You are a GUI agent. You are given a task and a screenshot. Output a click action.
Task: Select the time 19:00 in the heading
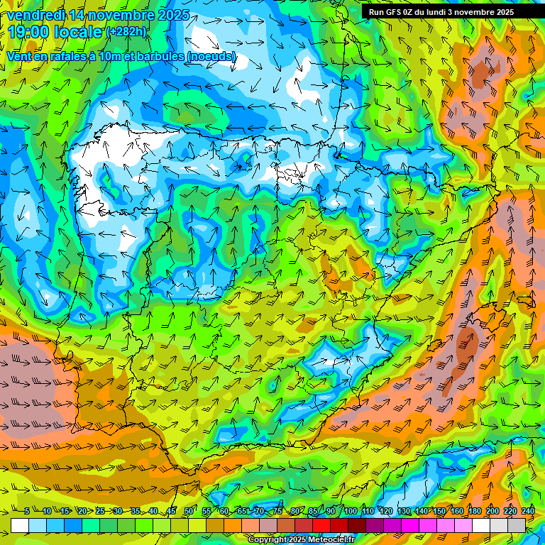[x=28, y=33]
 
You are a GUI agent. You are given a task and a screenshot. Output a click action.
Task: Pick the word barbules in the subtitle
[x=155, y=56]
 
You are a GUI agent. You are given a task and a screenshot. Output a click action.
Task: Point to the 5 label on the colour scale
[x=27, y=511]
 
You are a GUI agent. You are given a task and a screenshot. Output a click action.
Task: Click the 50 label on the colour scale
[x=189, y=511]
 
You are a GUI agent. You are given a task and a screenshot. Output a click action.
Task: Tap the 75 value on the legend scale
[x=277, y=511]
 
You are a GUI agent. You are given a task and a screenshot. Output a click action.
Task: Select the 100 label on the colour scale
[x=351, y=511]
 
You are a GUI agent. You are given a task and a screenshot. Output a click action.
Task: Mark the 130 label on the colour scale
[x=404, y=511]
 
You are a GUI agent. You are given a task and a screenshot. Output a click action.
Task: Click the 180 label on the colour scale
[x=475, y=511]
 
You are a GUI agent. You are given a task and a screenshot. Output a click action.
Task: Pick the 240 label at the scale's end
[x=528, y=511]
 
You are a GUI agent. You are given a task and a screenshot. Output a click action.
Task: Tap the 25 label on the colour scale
[x=100, y=511]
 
